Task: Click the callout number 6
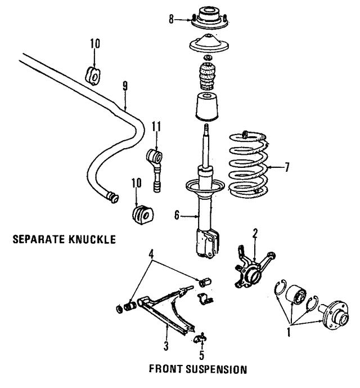(x=177, y=215)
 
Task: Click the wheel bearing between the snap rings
(x=296, y=297)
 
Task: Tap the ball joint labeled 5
(x=201, y=338)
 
